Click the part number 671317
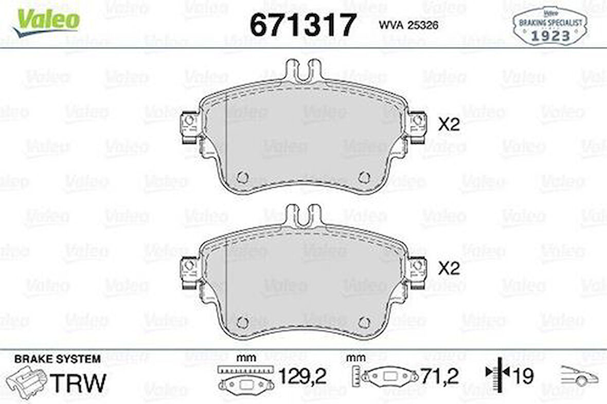pyautogui.click(x=303, y=25)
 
